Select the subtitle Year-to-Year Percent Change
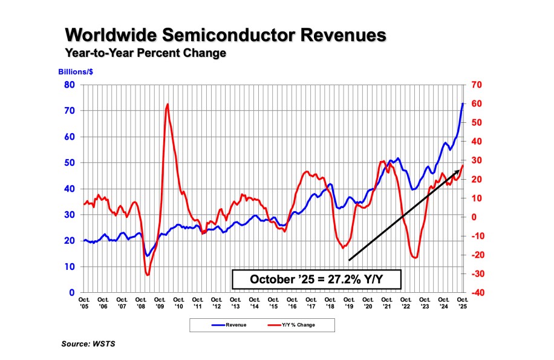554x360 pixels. [145, 53]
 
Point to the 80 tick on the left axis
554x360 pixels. [70, 85]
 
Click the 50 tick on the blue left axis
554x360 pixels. [70, 163]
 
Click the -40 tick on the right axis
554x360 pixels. [476, 292]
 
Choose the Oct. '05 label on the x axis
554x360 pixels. [84, 303]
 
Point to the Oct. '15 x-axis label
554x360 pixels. [273, 303]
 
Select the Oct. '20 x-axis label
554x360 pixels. [368, 303]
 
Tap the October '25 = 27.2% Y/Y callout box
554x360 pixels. [316, 280]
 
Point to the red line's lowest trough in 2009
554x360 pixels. [148, 275]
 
